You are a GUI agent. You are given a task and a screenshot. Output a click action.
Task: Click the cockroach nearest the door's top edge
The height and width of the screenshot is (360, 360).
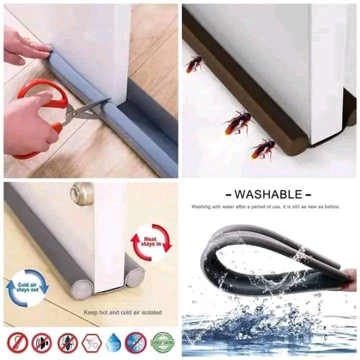point(193,63)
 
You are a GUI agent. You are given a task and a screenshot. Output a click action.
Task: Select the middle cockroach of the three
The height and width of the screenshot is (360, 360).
point(237,122)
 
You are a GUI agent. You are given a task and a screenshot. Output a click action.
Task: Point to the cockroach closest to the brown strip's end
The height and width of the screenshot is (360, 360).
point(263,148)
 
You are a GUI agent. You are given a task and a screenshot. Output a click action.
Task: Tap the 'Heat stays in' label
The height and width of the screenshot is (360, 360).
point(151,242)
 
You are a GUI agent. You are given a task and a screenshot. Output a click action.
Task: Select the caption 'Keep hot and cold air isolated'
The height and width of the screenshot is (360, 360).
point(122,312)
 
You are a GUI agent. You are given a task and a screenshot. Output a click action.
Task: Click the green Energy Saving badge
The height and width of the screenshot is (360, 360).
point(162,342)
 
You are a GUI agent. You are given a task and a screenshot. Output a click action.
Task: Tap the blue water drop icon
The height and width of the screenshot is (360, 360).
point(113,342)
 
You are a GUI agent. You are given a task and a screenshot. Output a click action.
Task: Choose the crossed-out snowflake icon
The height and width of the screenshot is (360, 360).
point(135,342)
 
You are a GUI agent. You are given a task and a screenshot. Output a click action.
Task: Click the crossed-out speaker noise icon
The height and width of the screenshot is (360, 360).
point(41,342)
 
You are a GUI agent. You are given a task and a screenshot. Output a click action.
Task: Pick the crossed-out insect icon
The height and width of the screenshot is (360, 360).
point(67,342)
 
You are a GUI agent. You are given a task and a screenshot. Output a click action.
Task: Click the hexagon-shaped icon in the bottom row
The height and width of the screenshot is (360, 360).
point(91,342)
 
